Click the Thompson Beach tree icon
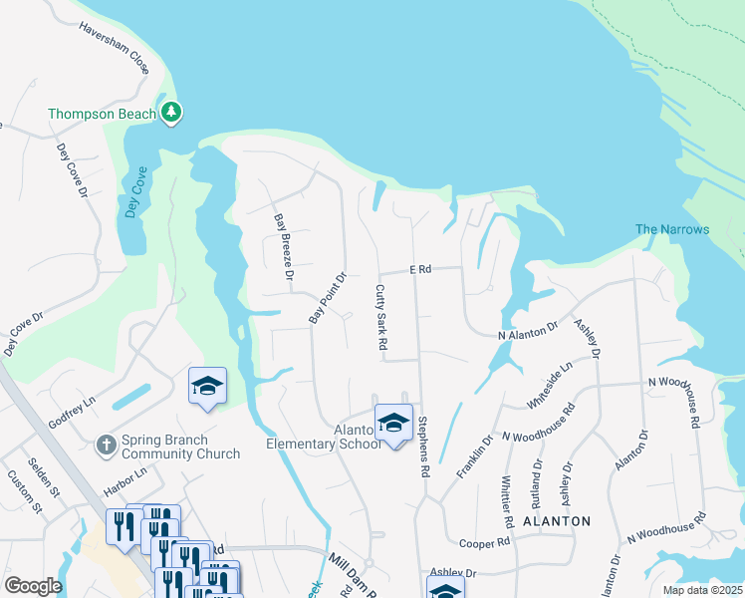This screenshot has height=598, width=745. [x=172, y=113]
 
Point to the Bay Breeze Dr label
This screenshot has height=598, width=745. [x=284, y=245]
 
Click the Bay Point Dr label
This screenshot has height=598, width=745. [x=327, y=298]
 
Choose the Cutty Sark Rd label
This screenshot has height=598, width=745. [x=380, y=317]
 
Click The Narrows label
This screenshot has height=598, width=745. [x=672, y=229]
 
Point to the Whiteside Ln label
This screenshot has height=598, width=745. [x=554, y=383]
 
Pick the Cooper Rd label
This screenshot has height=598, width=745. [x=485, y=543]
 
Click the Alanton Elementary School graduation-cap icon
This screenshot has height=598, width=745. [x=393, y=423]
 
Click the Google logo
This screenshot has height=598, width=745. [x=33, y=585]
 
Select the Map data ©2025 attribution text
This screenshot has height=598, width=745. [x=701, y=590]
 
